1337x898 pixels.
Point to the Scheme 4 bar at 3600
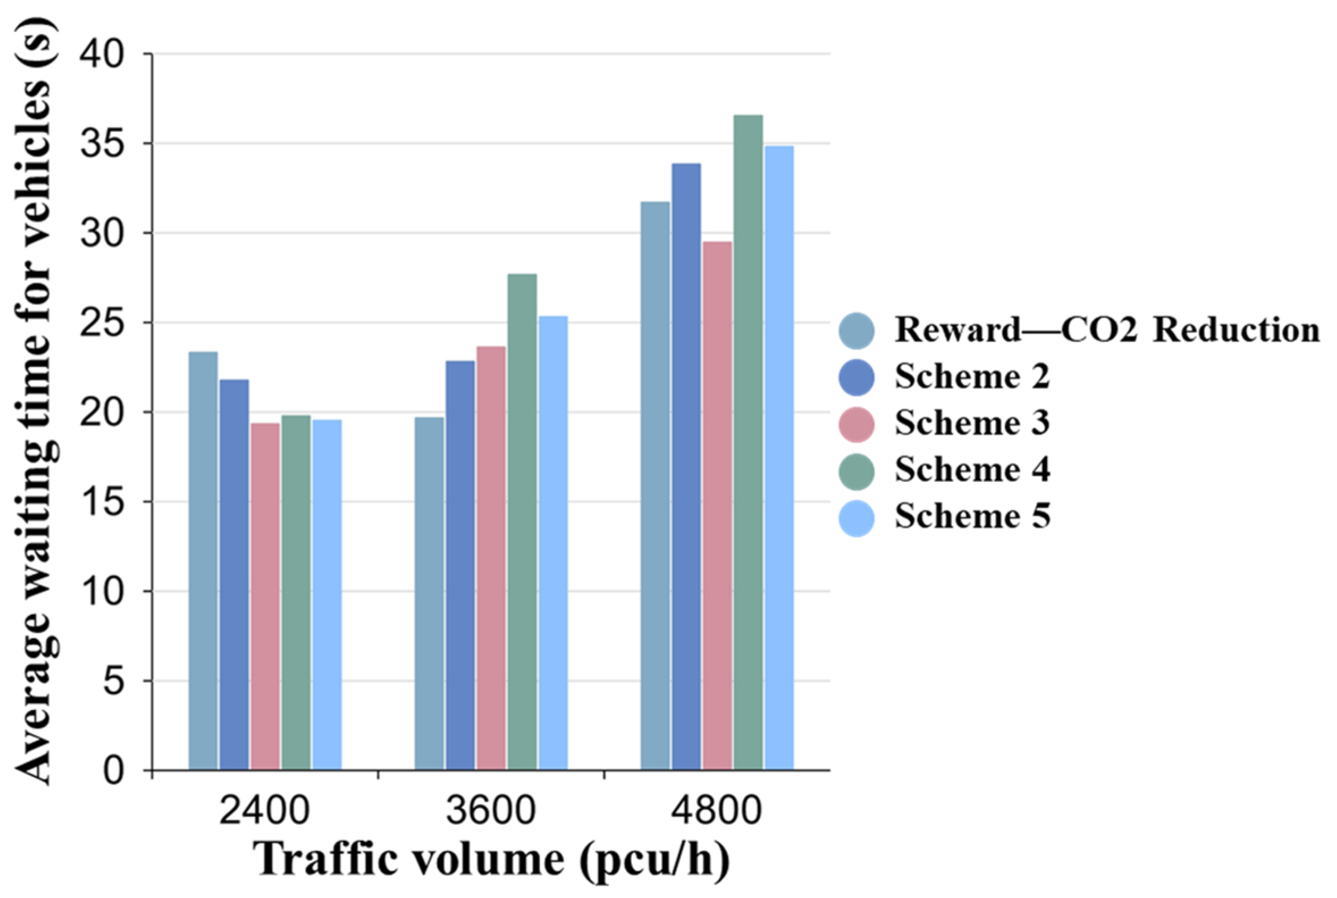(522, 522)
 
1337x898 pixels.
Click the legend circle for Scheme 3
(857, 425)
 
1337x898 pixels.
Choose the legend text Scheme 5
(972, 517)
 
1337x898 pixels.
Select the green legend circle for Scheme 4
(857, 471)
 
